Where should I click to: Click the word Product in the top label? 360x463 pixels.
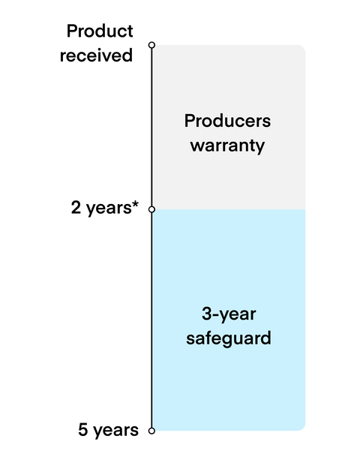100,31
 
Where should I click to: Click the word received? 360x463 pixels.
96,56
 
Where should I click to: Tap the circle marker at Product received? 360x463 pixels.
151,45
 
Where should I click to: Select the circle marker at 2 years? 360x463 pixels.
151,209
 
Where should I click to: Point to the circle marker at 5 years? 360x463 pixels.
151,431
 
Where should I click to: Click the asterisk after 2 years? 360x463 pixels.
135,204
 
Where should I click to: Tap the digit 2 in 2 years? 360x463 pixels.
76,207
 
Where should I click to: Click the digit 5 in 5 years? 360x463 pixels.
83,430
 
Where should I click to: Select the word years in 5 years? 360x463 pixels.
116,431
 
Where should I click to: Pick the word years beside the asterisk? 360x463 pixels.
109,209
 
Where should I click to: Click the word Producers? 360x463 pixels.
227,121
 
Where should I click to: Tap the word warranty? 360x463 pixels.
227,146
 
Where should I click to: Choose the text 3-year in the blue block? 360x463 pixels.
229,314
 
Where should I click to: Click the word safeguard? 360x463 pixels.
229,338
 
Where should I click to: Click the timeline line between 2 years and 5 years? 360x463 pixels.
151,320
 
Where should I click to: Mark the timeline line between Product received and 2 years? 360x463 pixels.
151,128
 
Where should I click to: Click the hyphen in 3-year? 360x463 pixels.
216,315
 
